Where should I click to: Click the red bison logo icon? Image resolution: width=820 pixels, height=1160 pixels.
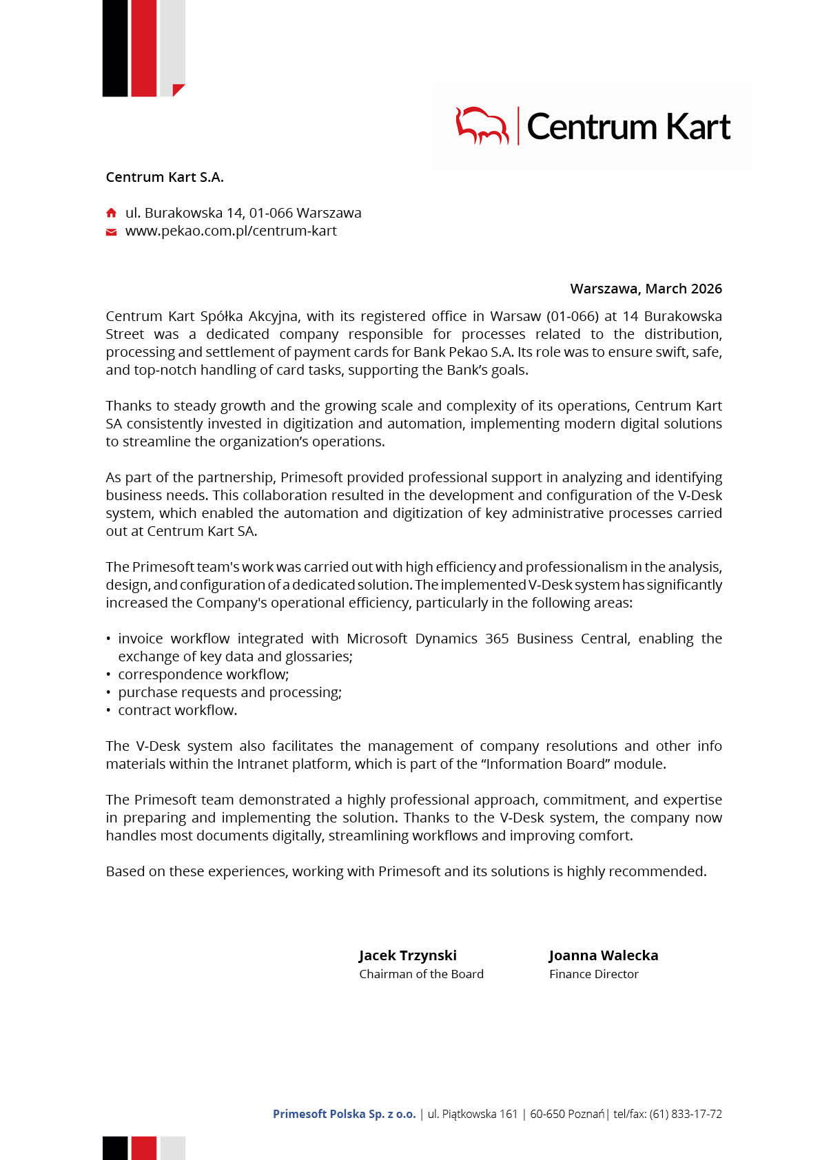pyautogui.click(x=482, y=125)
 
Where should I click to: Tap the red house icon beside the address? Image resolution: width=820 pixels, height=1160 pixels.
pyautogui.click(x=111, y=213)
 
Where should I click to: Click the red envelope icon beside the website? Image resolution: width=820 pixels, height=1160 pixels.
pyautogui.click(x=111, y=232)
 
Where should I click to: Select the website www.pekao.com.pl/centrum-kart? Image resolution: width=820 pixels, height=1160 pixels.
pyautogui.click(x=231, y=231)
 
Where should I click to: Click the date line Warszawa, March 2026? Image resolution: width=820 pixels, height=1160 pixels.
pyautogui.click(x=646, y=289)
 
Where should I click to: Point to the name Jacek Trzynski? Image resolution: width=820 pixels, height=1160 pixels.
pyautogui.click(x=407, y=955)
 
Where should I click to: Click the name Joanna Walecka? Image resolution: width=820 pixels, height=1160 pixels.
pyautogui.click(x=603, y=955)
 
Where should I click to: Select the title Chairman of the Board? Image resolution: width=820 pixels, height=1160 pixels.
pyautogui.click(x=421, y=974)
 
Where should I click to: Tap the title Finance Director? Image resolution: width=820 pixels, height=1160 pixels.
pyautogui.click(x=593, y=974)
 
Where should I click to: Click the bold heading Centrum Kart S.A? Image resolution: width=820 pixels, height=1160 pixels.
pyautogui.click(x=165, y=177)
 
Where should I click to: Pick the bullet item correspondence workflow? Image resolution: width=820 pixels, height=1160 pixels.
pyautogui.click(x=203, y=674)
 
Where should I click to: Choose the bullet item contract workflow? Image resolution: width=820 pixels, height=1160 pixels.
pyautogui.click(x=177, y=710)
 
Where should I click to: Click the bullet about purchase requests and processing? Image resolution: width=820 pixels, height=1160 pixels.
pyautogui.click(x=229, y=692)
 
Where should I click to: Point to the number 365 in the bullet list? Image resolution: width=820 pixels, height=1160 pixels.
pyautogui.click(x=497, y=639)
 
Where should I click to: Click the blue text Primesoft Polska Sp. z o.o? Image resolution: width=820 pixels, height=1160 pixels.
pyautogui.click(x=344, y=1114)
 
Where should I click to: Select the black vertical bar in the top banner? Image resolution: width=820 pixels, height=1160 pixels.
pyautogui.click(x=115, y=48)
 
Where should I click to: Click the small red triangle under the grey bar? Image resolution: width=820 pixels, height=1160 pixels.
pyautogui.click(x=178, y=90)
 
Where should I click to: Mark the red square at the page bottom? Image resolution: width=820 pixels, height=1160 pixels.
pyautogui.click(x=143, y=1148)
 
